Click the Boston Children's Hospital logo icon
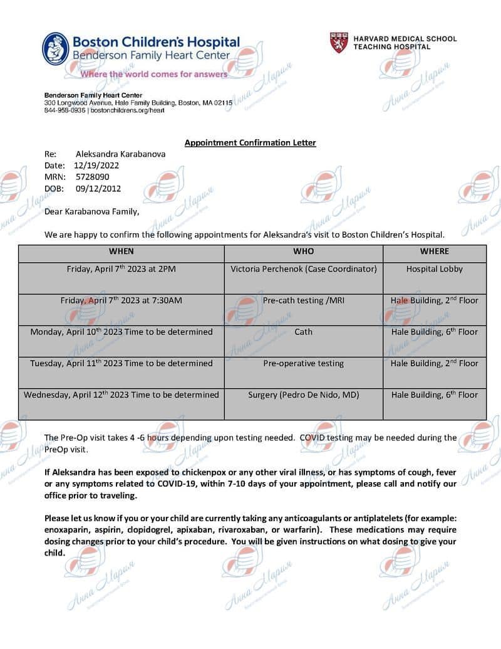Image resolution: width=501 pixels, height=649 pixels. pyautogui.click(x=56, y=49)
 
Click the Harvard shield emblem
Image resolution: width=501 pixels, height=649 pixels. pyautogui.click(x=339, y=43)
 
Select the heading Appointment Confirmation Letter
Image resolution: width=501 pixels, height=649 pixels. pyautogui.click(x=250, y=143)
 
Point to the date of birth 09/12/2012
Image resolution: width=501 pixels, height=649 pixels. pyautogui.click(x=98, y=188)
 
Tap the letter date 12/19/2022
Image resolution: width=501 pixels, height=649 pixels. pyautogui.click(x=96, y=166)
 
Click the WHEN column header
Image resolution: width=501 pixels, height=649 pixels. pyautogui.click(x=121, y=251)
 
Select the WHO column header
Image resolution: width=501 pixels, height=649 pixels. pyautogui.click(x=304, y=251)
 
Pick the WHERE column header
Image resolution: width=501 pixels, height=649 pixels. pyautogui.click(x=435, y=251)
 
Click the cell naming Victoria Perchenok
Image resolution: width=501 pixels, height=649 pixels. pyautogui.click(x=304, y=269)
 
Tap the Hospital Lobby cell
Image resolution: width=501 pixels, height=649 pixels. pyautogui.click(x=435, y=269)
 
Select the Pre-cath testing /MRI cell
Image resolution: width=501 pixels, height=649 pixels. pyautogui.click(x=304, y=300)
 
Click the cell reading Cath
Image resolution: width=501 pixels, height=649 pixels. pyautogui.click(x=304, y=332)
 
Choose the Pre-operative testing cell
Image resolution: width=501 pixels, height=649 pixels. pyautogui.click(x=304, y=363)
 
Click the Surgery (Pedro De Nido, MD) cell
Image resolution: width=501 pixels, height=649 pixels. pyautogui.click(x=304, y=395)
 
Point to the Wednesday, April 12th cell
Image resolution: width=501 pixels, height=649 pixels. pyautogui.click(x=121, y=395)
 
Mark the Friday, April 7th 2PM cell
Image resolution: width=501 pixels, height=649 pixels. pyautogui.click(x=121, y=269)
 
